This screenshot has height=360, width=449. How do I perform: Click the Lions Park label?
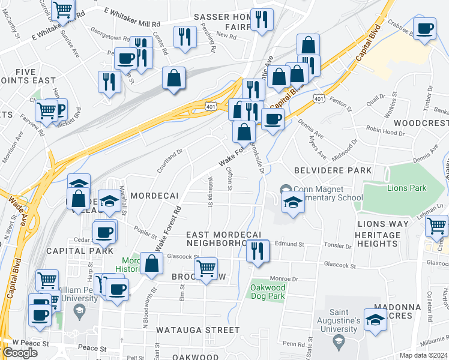click(406, 188)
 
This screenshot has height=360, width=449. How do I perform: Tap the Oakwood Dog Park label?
click(267, 292)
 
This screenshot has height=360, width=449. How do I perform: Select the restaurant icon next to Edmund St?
click(258, 250)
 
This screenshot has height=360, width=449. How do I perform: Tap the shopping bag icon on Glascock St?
click(152, 263)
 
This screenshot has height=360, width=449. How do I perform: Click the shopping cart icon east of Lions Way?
click(436, 226)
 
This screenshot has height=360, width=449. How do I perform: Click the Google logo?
click(20, 353)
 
